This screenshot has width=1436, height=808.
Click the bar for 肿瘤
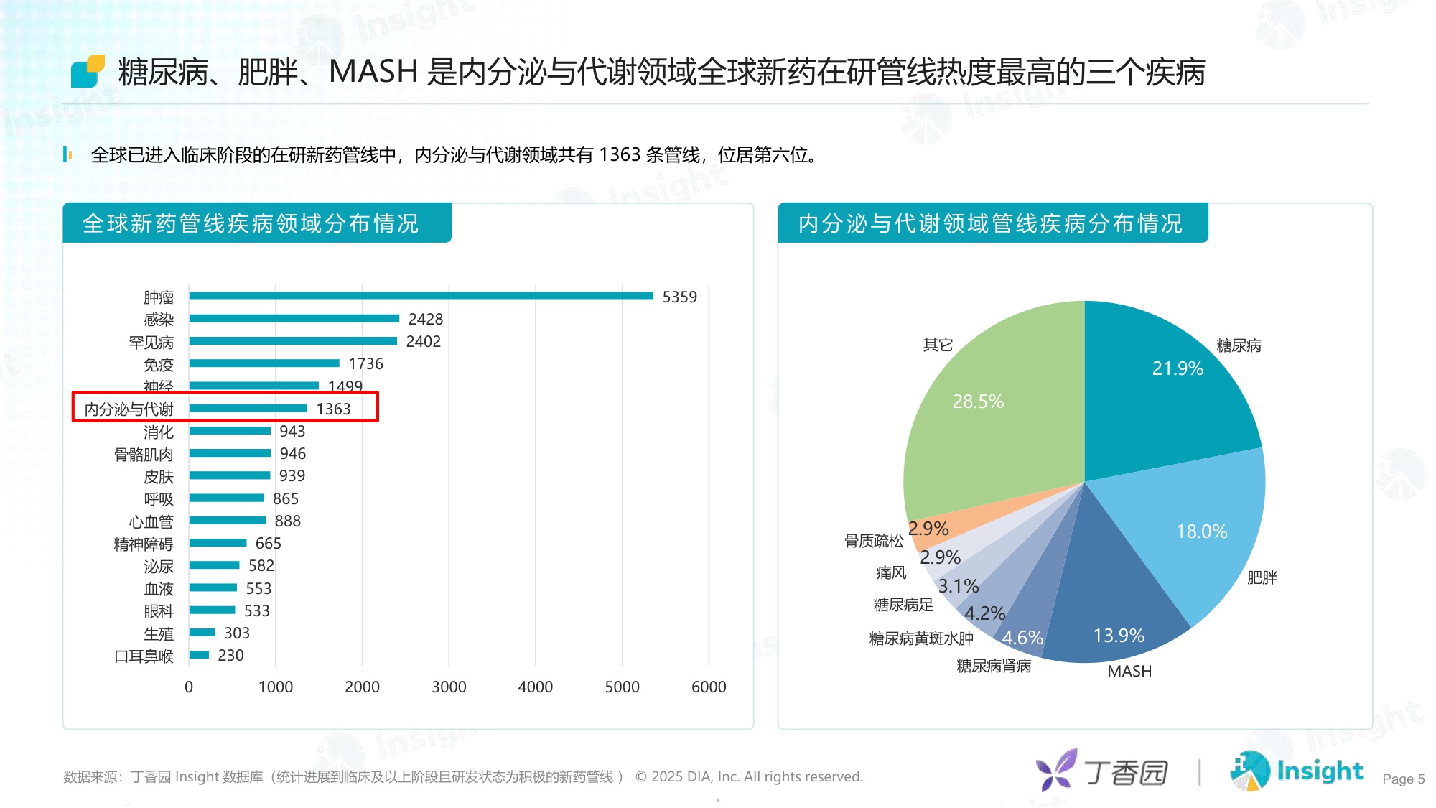pos(421,296)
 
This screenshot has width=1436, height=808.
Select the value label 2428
pos(426,319)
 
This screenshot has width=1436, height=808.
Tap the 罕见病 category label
pos(151,343)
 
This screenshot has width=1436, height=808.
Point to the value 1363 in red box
pos(333,409)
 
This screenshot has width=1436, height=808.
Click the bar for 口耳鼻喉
pos(199,655)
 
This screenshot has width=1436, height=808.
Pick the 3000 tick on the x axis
pos(449,687)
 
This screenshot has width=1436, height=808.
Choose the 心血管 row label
pos(151,522)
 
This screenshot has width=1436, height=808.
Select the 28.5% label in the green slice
pos(978,401)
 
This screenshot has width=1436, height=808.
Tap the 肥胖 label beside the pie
pos(1262,578)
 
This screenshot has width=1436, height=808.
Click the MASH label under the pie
pos(1129,672)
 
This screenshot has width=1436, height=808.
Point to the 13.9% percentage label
pos(1119,636)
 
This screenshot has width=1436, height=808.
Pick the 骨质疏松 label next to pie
pos(873,541)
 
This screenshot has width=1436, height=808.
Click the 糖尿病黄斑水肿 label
pos(920,638)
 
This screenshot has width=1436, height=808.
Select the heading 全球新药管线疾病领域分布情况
pos(250,224)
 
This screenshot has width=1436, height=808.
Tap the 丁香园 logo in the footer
pos(1102,772)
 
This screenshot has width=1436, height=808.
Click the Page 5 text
pos(1403,779)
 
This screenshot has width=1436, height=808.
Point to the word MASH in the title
pos(373,73)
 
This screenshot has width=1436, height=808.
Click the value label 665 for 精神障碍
pos(268,544)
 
